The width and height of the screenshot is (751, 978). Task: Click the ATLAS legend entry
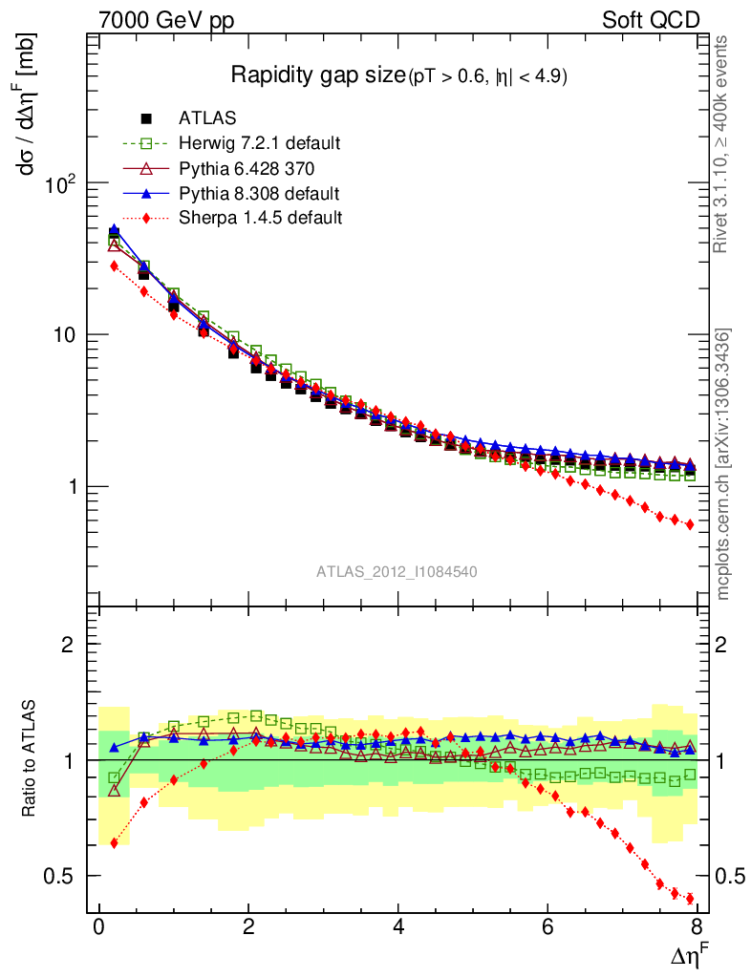207,118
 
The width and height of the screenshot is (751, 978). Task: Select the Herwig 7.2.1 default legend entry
259,143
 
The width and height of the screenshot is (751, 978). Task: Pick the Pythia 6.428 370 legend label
247,168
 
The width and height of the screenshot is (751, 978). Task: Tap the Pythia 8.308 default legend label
259,193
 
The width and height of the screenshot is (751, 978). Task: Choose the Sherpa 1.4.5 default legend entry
260,218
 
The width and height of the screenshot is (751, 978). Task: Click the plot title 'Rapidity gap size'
318,75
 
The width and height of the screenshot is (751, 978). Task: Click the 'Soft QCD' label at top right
652,20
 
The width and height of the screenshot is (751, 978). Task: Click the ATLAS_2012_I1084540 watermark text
397,571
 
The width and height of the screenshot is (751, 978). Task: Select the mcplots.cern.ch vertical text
723,464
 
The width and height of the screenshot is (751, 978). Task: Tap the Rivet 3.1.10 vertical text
723,143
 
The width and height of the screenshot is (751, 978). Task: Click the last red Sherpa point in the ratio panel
690,899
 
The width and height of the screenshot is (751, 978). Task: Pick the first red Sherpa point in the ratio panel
114,843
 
